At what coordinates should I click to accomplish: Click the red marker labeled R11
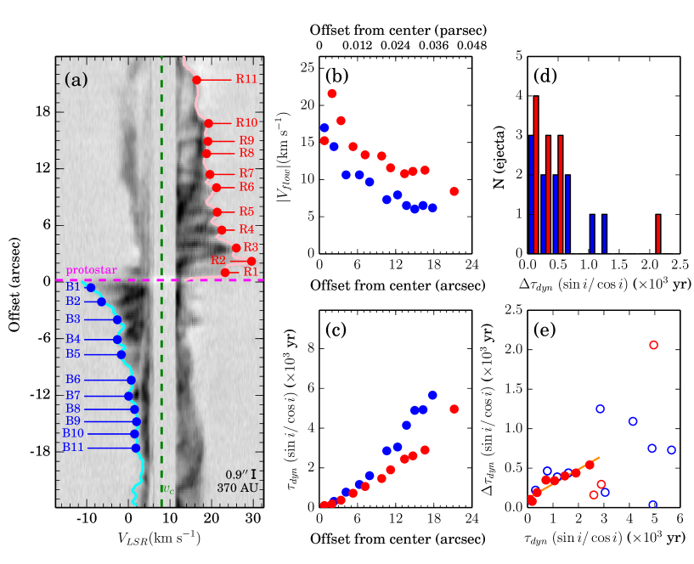[196, 80]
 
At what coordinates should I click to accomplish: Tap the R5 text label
[246, 211]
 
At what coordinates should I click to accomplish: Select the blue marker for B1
[91, 288]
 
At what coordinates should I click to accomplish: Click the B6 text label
[73, 380]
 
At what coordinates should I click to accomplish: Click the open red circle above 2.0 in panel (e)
[653, 345]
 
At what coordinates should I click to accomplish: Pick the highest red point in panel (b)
[332, 93]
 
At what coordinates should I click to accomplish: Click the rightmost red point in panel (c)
[454, 409]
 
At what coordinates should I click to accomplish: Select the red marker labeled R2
[251, 261]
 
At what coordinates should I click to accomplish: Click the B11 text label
[73, 448]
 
